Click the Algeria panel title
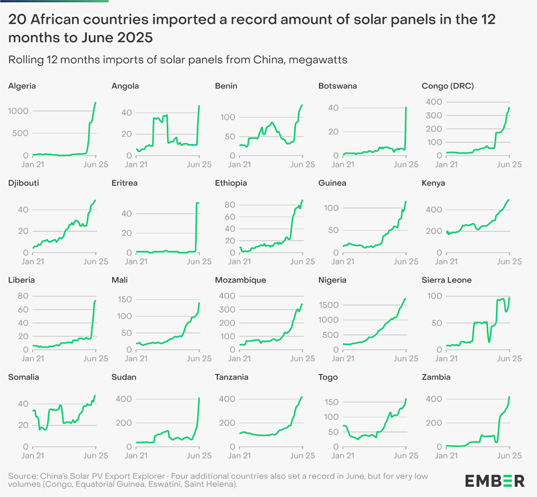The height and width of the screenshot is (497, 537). coord(22,86)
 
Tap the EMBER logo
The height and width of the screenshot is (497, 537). coord(495,480)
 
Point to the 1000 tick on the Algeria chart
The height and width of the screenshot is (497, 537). coord(20,111)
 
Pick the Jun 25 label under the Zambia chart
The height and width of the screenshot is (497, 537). coord(510,456)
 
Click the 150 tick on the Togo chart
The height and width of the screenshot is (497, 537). coord(332,402)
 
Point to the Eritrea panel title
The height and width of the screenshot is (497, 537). coord(124,183)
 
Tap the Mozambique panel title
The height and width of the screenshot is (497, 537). coord(241,280)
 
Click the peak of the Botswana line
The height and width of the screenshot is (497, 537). coord(406,107)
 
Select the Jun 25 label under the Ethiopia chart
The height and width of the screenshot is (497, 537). coord(303,262)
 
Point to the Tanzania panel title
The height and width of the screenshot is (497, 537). coord(233,377)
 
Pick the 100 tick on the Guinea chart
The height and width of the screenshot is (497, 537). coord(332,208)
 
